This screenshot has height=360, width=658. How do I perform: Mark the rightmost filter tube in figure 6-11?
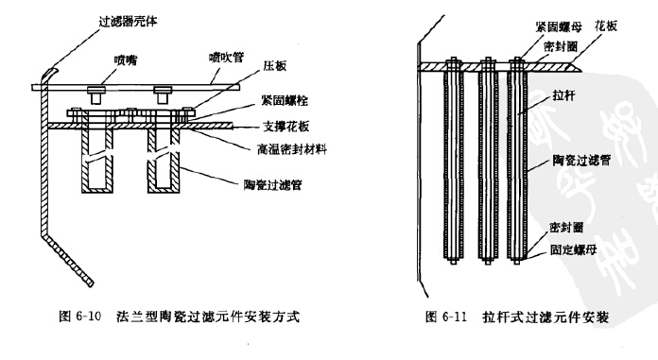pos(518,161)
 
